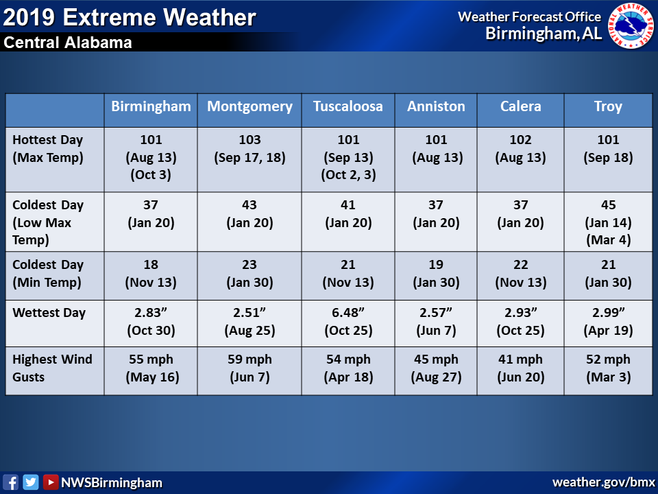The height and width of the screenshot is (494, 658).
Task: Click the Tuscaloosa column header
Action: point(348,106)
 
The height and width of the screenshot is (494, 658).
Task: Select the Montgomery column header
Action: point(249,107)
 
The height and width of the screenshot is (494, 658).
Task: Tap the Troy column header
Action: point(608,107)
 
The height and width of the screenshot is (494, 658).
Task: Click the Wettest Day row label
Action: point(49,313)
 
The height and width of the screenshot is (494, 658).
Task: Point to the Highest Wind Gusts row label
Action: point(52,368)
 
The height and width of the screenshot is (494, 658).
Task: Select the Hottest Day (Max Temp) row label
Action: point(48,149)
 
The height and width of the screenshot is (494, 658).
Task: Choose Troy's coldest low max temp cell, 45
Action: point(608,222)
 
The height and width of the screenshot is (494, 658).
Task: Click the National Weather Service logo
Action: point(631,26)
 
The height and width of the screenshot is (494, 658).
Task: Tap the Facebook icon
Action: point(10,482)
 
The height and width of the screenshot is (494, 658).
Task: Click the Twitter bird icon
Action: point(31,482)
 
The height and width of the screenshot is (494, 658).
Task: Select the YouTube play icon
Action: point(50,482)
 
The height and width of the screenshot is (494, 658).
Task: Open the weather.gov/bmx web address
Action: point(603,482)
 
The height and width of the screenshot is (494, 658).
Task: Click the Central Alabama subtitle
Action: point(68,43)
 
